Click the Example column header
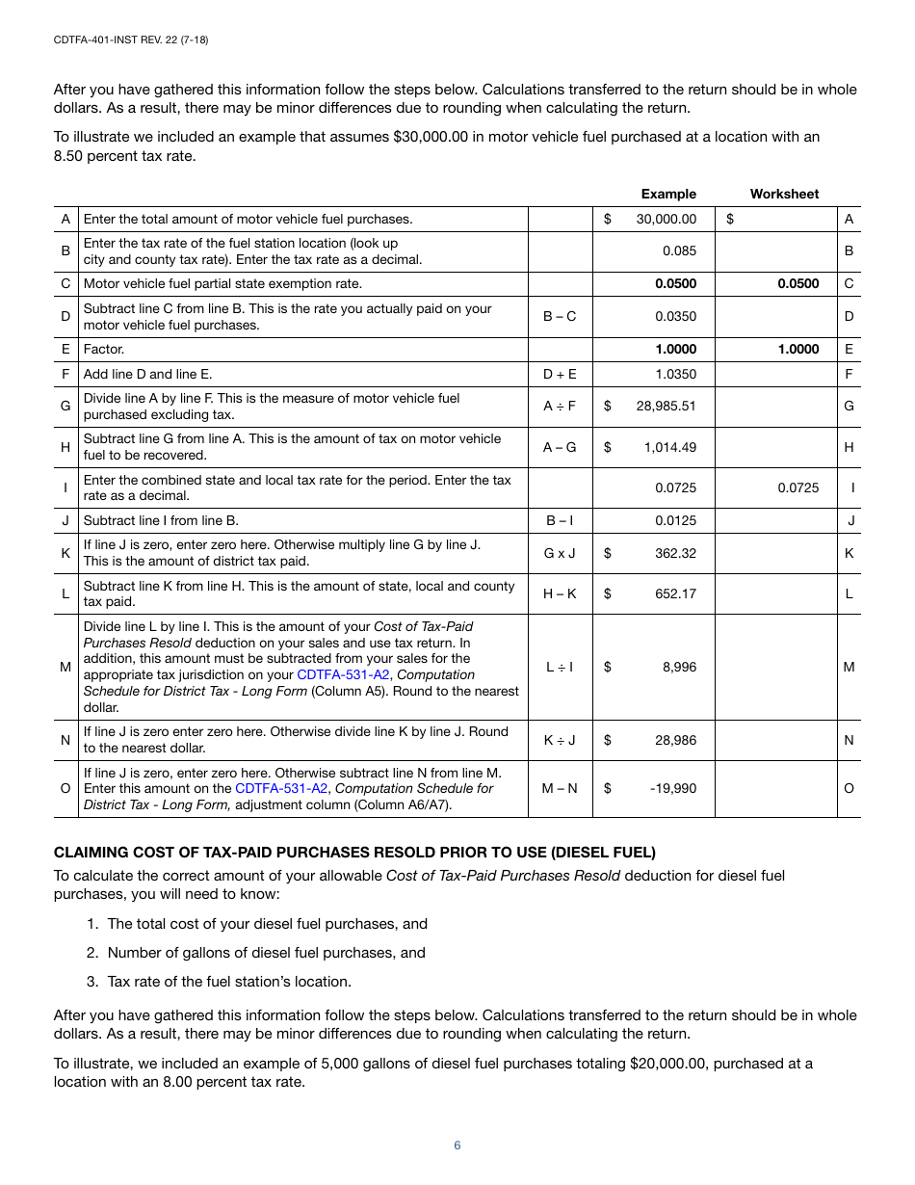pyautogui.click(x=668, y=194)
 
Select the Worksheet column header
pyautogui.click(x=784, y=194)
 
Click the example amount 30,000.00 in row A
pyautogui.click(x=666, y=219)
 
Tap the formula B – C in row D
pyautogui.click(x=560, y=316)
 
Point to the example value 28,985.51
pyautogui.click(x=666, y=406)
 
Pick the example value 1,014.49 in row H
pyautogui.click(x=669, y=447)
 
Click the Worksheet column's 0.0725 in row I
pyautogui.click(x=798, y=487)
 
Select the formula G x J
pyautogui.click(x=560, y=553)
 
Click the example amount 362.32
pyautogui.click(x=675, y=553)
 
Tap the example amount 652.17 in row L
pyautogui.click(x=675, y=593)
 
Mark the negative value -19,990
pyautogui.click(x=673, y=788)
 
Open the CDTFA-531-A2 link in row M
pyautogui.click(x=343, y=674)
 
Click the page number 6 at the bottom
pyautogui.click(x=457, y=1145)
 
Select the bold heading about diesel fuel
pyautogui.click(x=354, y=853)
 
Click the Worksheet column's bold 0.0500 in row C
pyautogui.click(x=798, y=283)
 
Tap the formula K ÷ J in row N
pyautogui.click(x=560, y=740)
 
